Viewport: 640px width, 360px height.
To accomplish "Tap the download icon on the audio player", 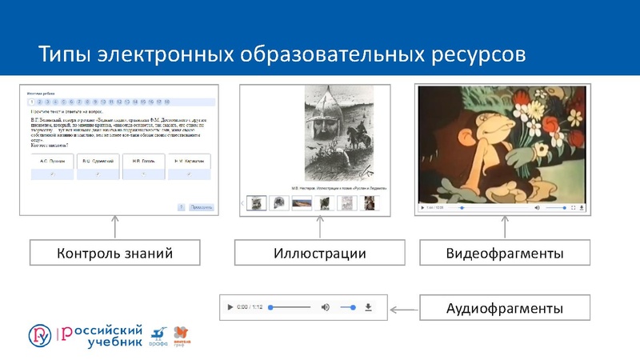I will click(369, 306).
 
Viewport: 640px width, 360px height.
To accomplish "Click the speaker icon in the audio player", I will click(325, 306).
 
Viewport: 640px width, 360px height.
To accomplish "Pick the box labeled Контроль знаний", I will click(115, 254).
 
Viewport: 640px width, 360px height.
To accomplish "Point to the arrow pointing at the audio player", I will click(409, 307).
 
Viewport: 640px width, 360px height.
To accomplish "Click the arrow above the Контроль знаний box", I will click(115, 226).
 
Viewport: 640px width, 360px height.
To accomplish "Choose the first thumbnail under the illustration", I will click(256, 203).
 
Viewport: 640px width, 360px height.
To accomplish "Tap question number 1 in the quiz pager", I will click(30, 102).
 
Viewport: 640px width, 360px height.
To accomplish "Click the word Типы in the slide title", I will click(65, 54).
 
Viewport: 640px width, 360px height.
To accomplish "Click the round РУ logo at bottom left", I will click(40, 334).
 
